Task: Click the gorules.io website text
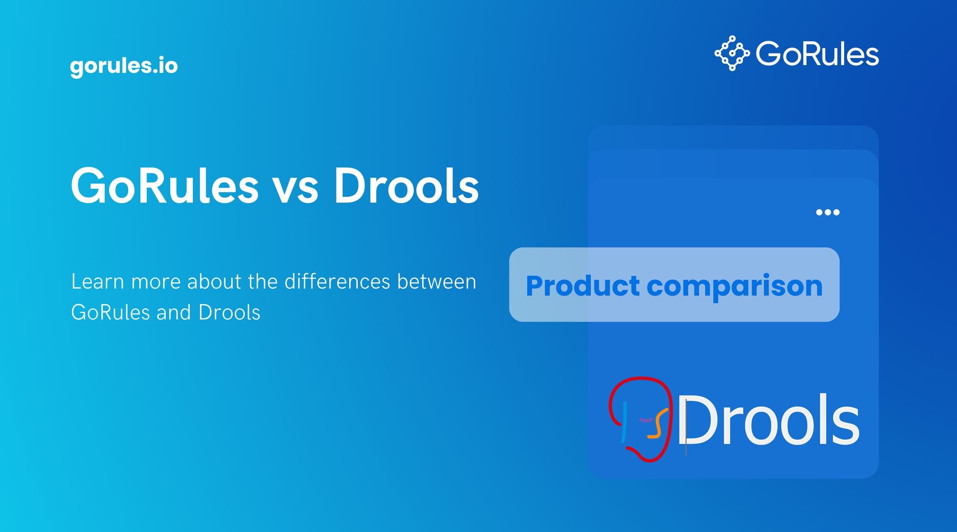pyautogui.click(x=124, y=66)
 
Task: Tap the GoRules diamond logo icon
pyautogui.click(x=732, y=53)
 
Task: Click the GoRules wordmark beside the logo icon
pyautogui.click(x=817, y=53)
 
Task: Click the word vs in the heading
pyautogui.click(x=295, y=188)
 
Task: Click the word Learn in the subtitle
pyautogui.click(x=98, y=282)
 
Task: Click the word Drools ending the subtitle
pyautogui.click(x=229, y=312)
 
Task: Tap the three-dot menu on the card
pyautogui.click(x=827, y=212)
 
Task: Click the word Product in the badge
pyautogui.click(x=582, y=286)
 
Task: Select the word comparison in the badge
pyautogui.click(x=734, y=287)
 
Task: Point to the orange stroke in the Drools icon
pyautogui.click(x=657, y=424)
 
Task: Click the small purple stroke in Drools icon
pyautogui.click(x=646, y=420)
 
